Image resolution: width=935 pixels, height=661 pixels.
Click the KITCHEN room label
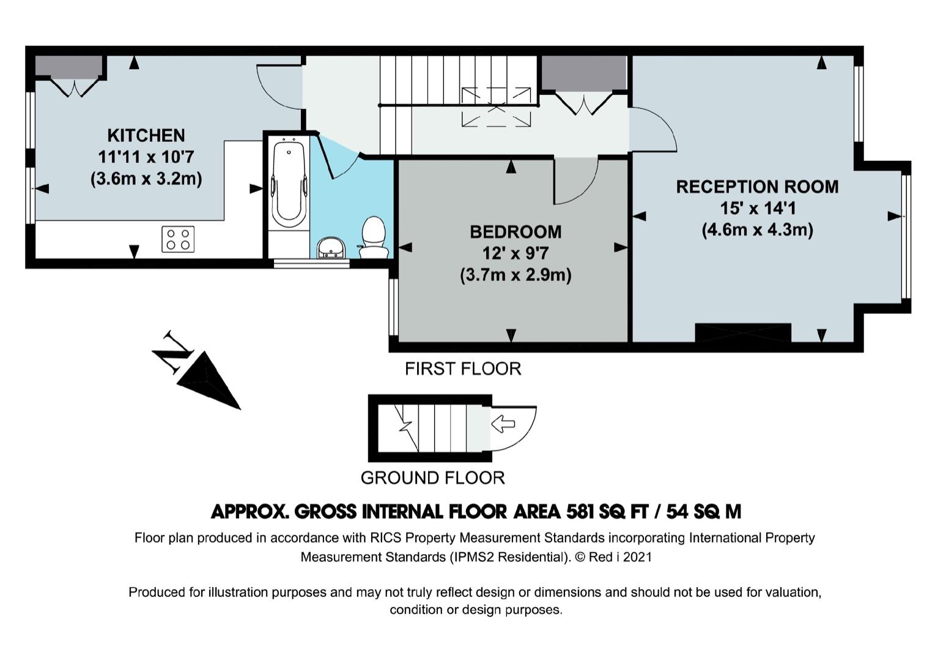(146, 135)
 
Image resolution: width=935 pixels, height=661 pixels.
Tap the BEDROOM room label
(516, 232)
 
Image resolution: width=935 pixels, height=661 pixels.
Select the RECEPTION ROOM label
(757, 187)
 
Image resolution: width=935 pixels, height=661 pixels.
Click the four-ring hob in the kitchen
(178, 239)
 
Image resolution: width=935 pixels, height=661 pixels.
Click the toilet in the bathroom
(373, 237)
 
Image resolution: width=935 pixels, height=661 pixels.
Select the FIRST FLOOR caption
(463, 369)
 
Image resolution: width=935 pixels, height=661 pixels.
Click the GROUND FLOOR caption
(433, 477)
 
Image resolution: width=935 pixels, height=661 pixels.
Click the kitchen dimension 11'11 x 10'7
(146, 157)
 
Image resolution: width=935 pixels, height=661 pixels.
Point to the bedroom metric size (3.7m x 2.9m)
(516, 275)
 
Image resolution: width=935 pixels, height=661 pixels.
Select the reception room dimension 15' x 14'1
(757, 209)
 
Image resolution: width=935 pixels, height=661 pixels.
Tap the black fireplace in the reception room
(743, 332)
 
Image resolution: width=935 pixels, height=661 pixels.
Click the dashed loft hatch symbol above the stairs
(497, 107)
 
